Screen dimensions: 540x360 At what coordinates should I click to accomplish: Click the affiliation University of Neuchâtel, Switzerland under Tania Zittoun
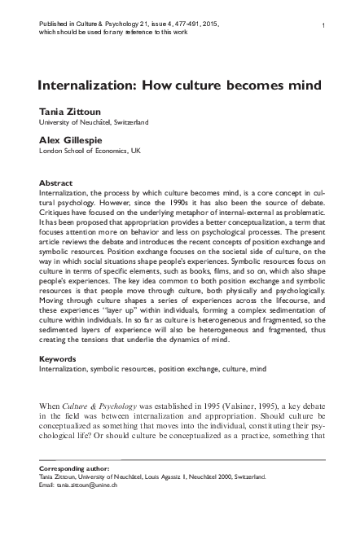point(94,122)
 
